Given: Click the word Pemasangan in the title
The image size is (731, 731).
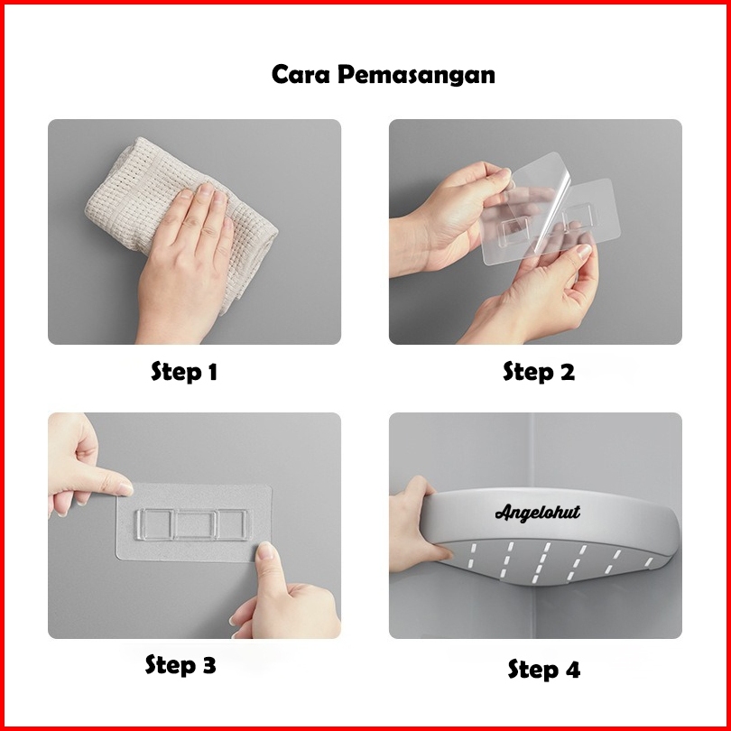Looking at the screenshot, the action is click(416, 76).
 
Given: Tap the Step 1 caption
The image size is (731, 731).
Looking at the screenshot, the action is click(184, 372).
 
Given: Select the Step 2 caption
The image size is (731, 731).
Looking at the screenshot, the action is click(539, 372).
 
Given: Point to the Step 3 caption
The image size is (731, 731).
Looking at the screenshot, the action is click(180, 664).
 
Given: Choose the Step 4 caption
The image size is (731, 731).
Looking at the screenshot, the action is click(544, 670).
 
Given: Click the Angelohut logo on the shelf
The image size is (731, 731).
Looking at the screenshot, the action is click(538, 513).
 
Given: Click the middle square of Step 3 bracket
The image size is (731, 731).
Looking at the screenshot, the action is click(196, 525).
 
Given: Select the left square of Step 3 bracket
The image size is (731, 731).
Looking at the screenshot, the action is click(155, 524).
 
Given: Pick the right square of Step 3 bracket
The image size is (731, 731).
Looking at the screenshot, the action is click(233, 524).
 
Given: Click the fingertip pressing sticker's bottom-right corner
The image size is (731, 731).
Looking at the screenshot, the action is click(265, 551).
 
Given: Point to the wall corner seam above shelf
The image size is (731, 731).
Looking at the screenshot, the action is click(531, 450).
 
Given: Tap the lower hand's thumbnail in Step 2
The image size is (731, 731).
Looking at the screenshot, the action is click(583, 252).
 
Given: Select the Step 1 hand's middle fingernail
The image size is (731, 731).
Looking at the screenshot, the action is click(206, 189).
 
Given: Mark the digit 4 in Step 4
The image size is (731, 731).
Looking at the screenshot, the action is click(572, 670).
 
